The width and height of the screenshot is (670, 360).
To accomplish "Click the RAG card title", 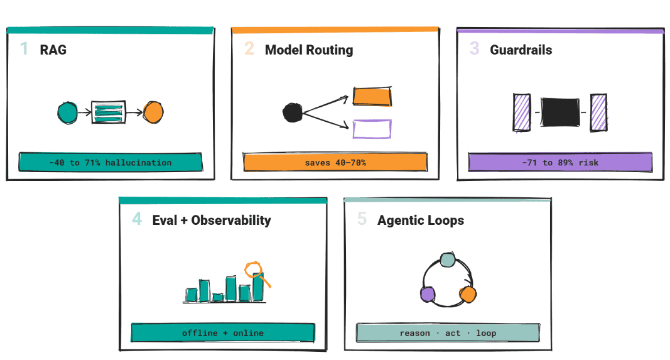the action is pos(53,50).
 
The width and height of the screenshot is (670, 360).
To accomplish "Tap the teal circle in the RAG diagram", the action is pos(68,113).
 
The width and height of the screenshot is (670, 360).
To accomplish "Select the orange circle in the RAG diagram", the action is pos(153,112).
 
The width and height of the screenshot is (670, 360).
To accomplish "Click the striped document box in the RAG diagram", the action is pos(109,112).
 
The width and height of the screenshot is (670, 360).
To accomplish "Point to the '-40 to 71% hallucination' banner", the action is pos(111,162).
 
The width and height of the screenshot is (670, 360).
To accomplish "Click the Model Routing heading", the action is pos(309,50).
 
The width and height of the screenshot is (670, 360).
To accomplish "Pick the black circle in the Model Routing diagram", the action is pos(293,112).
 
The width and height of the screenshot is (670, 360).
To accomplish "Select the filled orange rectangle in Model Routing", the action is pos(372,96).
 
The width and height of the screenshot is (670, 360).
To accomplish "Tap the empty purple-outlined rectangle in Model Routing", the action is pos(372,129).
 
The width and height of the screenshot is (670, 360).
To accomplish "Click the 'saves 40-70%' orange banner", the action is pos(335,162).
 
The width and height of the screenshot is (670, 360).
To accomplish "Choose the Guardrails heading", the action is pos(521,50).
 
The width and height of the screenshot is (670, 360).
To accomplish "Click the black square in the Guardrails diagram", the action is pos(560,112).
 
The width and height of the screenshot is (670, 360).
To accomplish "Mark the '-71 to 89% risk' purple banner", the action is pos(560,162).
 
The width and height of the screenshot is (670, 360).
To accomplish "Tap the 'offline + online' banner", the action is pos(223,332).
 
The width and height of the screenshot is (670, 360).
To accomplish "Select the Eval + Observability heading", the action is pos(212,220).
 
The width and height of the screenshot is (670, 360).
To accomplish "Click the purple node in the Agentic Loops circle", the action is pos(428,294).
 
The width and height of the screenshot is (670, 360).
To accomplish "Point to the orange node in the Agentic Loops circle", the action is pos(468,294).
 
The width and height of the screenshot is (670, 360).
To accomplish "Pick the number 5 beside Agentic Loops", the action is pos(362,219).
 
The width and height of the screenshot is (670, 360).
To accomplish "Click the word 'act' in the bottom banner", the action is pos(453,333).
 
